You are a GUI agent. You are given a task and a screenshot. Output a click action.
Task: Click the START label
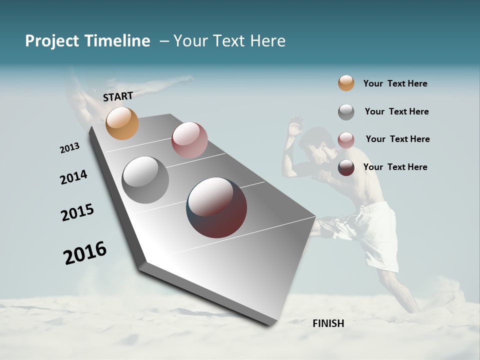(x=118, y=96)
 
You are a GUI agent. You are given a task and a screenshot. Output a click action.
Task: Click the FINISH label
(x=328, y=323)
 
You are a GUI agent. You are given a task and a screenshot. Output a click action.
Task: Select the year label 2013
(x=70, y=148)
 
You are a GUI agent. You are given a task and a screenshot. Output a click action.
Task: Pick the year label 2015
(x=77, y=212)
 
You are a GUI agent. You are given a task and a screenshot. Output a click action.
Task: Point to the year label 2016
(x=85, y=252)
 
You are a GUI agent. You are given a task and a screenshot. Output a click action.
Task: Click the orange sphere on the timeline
(x=122, y=123)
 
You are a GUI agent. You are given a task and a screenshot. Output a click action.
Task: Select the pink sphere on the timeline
(x=189, y=140)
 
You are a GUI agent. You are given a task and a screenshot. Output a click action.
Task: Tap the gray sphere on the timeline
(x=145, y=180)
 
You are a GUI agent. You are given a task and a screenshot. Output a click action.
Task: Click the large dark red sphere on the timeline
(x=217, y=207)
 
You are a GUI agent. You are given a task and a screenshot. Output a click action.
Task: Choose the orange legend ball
(x=346, y=83)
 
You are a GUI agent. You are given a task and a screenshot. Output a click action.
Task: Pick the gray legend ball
(x=346, y=112)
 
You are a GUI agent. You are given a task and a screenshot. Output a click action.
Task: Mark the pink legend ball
(x=346, y=140)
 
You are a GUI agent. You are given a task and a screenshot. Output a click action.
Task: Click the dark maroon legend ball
(x=346, y=167)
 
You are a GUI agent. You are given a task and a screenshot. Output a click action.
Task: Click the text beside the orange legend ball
(x=395, y=83)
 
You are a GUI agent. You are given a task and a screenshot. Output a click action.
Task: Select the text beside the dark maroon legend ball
(x=395, y=167)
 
